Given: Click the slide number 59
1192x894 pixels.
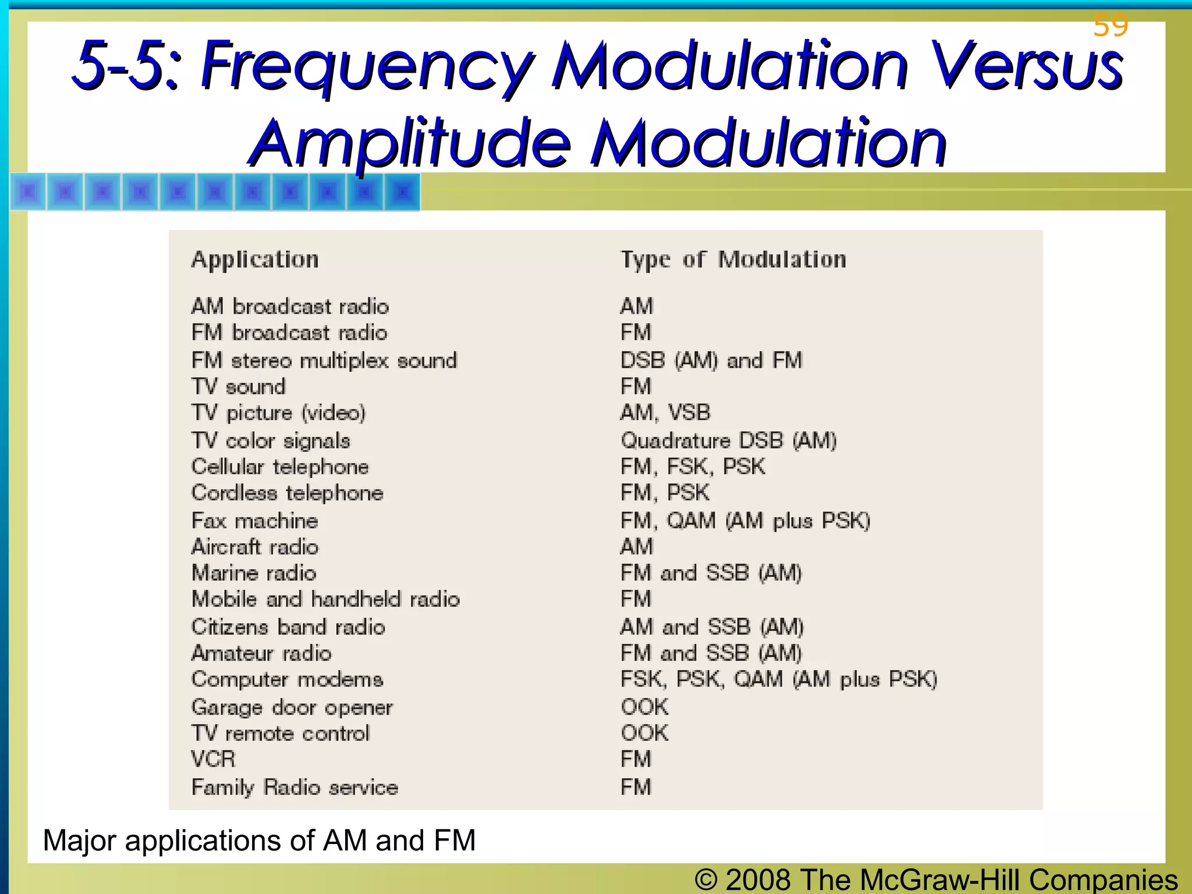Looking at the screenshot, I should [1111, 26].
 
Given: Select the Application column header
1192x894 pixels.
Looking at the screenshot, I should [255, 260].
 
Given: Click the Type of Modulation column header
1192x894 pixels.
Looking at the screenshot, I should [733, 260].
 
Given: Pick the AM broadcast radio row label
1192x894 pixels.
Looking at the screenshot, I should [290, 306].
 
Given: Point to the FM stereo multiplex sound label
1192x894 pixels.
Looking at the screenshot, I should [324, 360].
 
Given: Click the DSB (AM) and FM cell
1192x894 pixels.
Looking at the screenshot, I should [711, 360].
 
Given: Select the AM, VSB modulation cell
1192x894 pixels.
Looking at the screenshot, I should [665, 413].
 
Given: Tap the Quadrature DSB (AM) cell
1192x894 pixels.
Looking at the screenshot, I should [729, 441].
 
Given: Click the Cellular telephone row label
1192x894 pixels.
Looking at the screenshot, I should [280, 467].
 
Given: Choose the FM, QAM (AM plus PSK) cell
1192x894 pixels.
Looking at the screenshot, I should [745, 520].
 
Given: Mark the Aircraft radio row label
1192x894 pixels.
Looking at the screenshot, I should [255, 547].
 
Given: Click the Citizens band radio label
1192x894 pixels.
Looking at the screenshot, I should [288, 627].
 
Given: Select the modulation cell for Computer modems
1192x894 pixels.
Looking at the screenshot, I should [779, 679].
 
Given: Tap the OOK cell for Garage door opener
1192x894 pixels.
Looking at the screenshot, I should [644, 707].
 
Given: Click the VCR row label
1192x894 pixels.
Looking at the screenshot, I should [214, 759].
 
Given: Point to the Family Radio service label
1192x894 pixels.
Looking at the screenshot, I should [295, 787].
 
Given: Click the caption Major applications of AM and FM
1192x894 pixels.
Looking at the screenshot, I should [259, 840].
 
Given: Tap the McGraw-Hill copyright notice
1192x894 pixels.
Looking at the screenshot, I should [936, 879].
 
